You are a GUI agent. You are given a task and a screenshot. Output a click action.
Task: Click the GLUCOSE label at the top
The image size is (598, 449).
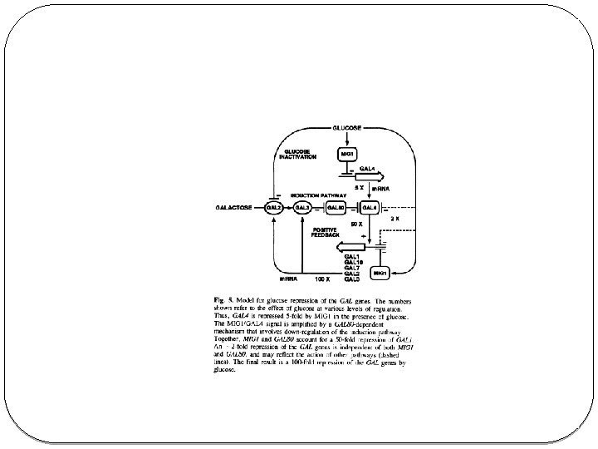click(346, 128)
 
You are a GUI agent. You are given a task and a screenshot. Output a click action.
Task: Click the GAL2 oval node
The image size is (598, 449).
click(273, 207)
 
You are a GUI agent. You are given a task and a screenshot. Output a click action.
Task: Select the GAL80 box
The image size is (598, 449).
click(336, 207)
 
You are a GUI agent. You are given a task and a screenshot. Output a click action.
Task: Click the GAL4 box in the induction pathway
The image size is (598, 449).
click(369, 207)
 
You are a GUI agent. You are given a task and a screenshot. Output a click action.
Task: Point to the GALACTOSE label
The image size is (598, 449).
click(236, 207)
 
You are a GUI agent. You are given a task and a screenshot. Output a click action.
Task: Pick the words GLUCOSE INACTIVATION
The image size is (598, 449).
click(297, 154)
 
